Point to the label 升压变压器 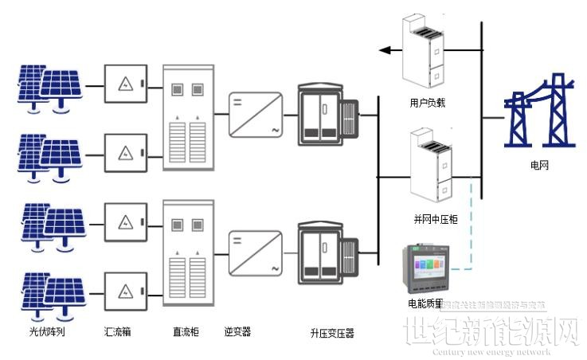click(x=332, y=332)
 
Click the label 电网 click(x=538, y=166)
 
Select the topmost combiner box click(x=127, y=84)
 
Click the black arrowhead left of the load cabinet click(x=385, y=50)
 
